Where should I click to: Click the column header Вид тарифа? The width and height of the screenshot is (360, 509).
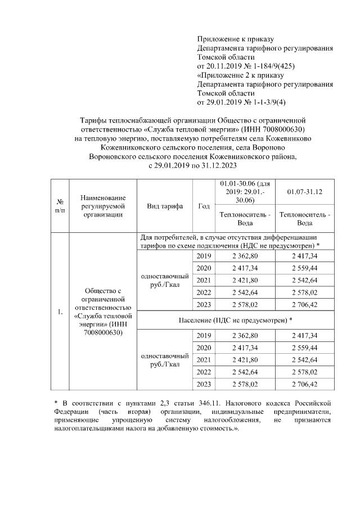(x=165, y=206)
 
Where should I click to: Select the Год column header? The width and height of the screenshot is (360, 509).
(x=204, y=206)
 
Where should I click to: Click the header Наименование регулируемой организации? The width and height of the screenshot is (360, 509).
(x=102, y=206)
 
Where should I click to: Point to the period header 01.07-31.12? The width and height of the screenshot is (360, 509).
(x=304, y=192)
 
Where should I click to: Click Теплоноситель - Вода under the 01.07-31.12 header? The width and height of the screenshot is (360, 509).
(x=304, y=219)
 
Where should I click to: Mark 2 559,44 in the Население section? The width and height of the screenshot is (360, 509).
(x=304, y=348)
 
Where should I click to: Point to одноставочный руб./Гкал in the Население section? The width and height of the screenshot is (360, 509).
(x=165, y=360)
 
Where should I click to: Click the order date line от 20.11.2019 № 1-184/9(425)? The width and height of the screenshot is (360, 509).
(x=246, y=66)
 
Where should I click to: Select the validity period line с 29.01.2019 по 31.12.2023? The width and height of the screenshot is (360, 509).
(x=192, y=166)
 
